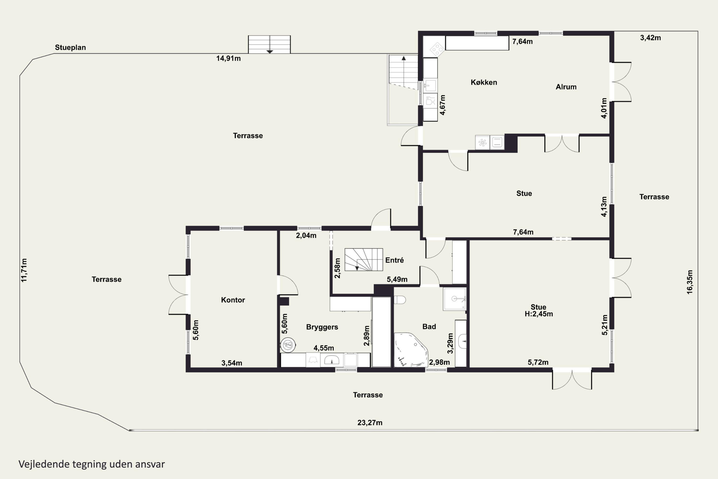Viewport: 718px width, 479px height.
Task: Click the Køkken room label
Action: (x=484, y=82)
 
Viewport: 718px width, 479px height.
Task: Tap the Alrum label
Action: (x=566, y=87)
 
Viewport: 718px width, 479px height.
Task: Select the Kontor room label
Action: (x=233, y=300)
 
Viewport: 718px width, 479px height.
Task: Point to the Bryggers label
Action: (x=322, y=327)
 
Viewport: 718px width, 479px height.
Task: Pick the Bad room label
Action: (x=429, y=327)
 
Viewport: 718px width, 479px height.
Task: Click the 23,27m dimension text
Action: (x=370, y=423)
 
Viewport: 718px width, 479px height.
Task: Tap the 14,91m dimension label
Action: (x=228, y=58)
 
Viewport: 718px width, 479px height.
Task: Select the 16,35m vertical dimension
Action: (x=690, y=282)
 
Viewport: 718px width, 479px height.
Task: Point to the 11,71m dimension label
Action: (x=24, y=270)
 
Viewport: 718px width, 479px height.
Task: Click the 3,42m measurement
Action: (x=651, y=38)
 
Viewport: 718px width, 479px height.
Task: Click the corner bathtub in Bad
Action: (x=411, y=350)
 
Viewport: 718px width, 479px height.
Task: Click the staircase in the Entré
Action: (x=364, y=260)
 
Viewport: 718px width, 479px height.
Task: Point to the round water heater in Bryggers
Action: (x=288, y=345)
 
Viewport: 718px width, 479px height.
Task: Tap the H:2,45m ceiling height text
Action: (x=539, y=314)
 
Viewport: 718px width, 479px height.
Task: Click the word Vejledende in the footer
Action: (x=44, y=464)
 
